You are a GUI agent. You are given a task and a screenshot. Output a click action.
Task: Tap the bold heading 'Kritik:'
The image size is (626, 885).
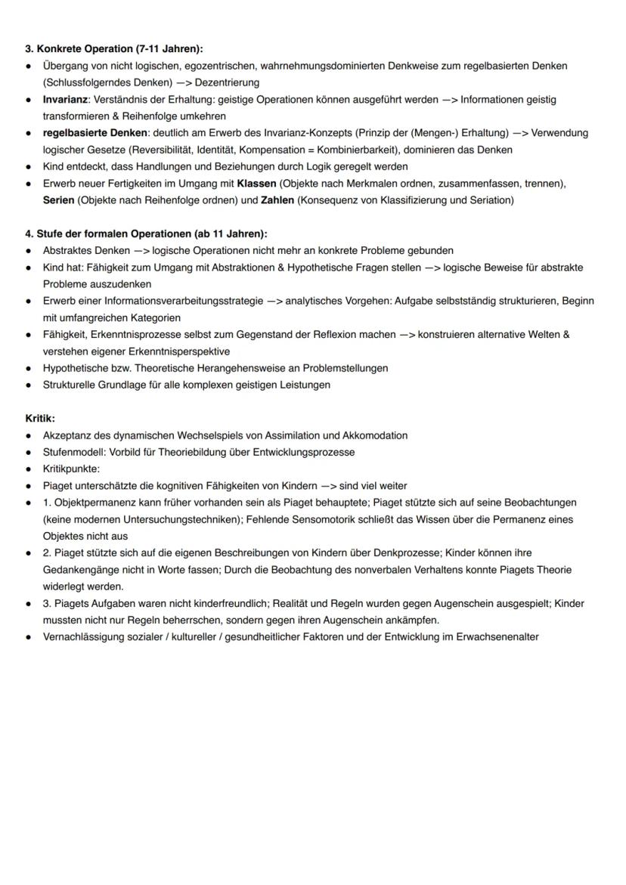(x=40, y=418)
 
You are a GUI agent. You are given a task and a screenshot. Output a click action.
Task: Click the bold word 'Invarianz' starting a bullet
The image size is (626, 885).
(x=66, y=99)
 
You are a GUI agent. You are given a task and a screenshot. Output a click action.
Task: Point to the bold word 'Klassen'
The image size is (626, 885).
(x=256, y=183)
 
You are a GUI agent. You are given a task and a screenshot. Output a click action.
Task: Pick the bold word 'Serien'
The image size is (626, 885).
(x=58, y=200)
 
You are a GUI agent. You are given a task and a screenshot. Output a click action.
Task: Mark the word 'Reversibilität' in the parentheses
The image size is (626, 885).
(x=164, y=150)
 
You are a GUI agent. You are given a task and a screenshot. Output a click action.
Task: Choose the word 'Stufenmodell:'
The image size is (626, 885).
(x=73, y=452)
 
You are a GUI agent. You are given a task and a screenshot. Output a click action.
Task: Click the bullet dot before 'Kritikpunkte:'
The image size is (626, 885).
(x=28, y=469)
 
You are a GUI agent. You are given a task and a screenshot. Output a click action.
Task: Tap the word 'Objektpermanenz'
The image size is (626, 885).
(x=93, y=503)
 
